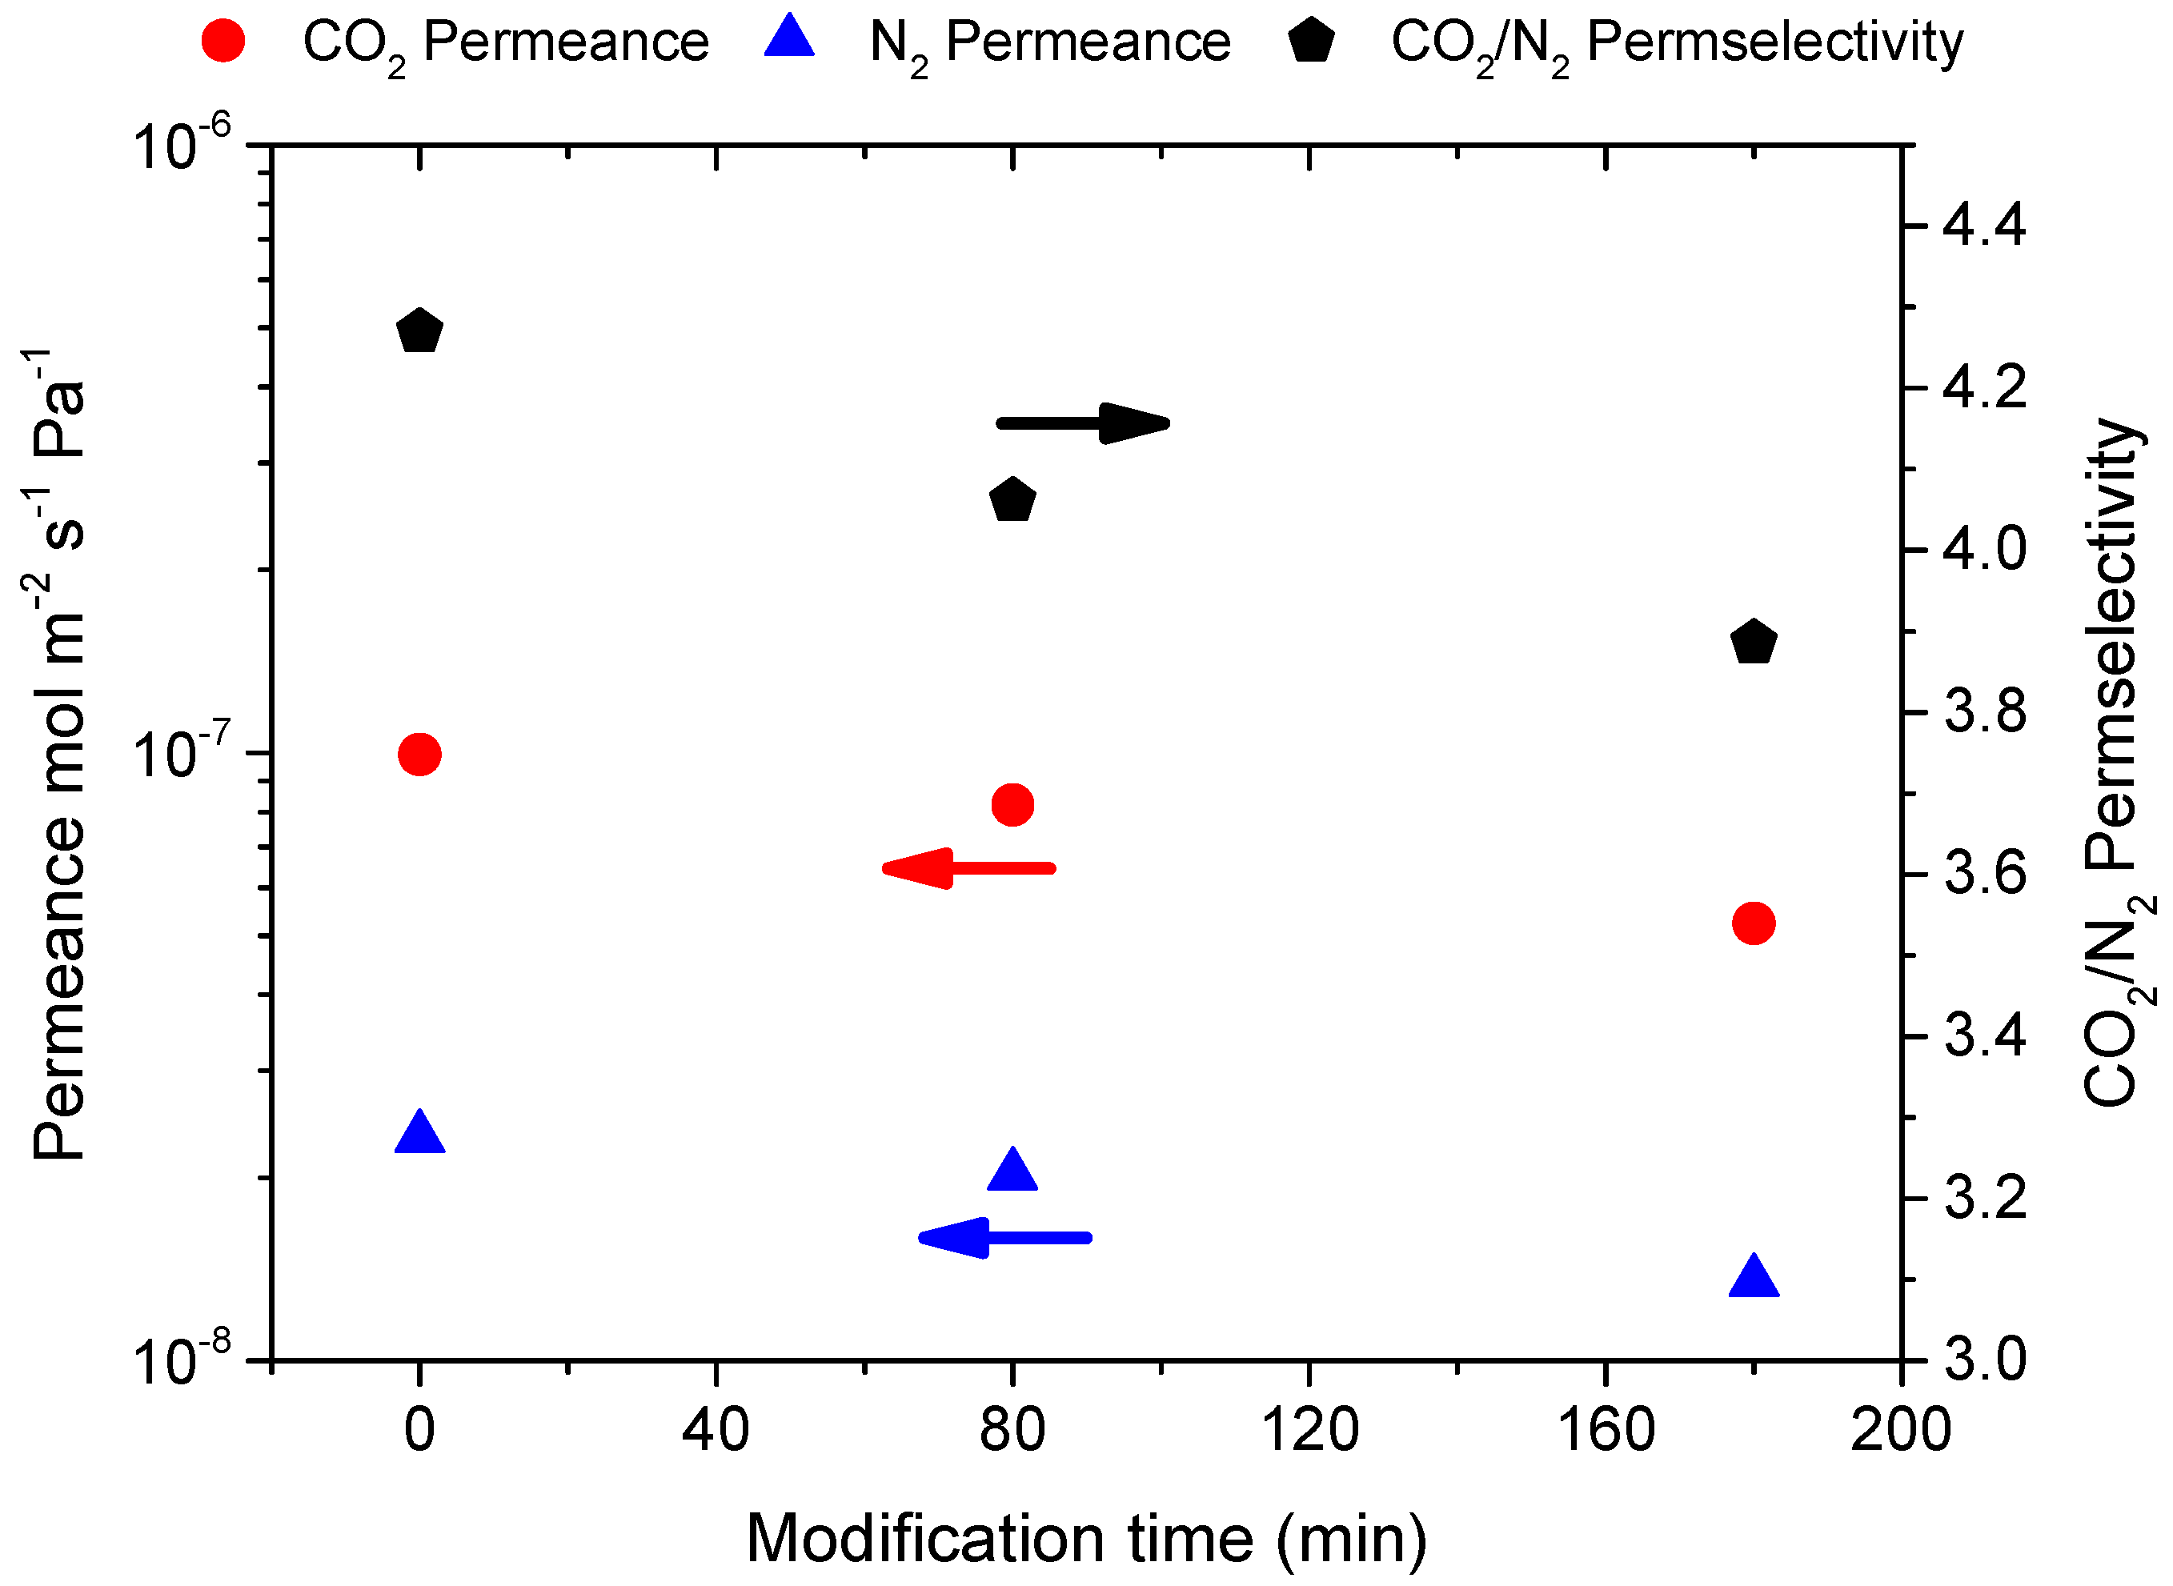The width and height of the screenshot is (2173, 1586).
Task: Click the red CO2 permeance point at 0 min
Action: pos(419,755)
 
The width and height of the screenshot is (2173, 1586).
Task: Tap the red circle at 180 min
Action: pos(1754,923)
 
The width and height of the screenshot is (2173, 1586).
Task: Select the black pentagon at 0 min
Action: pos(419,332)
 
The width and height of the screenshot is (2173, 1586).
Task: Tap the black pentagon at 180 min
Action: pos(1754,641)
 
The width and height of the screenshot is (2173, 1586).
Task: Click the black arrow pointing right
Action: pos(1083,423)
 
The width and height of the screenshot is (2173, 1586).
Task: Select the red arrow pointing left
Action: pos(968,868)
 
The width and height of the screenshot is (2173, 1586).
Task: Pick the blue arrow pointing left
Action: pos(1004,1237)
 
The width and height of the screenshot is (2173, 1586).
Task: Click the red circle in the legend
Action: pos(223,42)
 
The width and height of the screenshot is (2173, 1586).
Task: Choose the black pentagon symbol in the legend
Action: pos(1311,42)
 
